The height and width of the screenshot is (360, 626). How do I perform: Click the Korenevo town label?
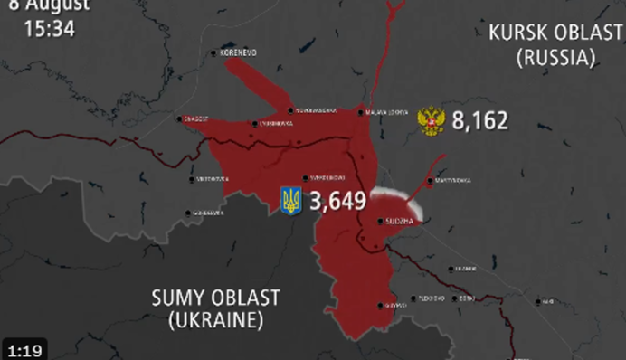[239, 53]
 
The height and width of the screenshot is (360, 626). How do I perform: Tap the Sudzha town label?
[399, 221]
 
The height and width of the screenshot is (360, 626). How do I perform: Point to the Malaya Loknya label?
[387, 112]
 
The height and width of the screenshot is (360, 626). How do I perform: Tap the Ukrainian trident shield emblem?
[291, 201]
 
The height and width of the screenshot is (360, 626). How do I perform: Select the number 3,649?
[337, 201]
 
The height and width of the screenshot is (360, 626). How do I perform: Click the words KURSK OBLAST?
[555, 34]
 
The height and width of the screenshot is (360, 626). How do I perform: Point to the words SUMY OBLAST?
[215, 298]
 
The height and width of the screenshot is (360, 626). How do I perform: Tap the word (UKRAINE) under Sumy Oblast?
[215, 319]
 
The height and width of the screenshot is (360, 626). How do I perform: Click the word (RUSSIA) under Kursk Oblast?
[555, 58]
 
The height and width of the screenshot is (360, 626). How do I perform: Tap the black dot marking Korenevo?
[214, 53]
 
